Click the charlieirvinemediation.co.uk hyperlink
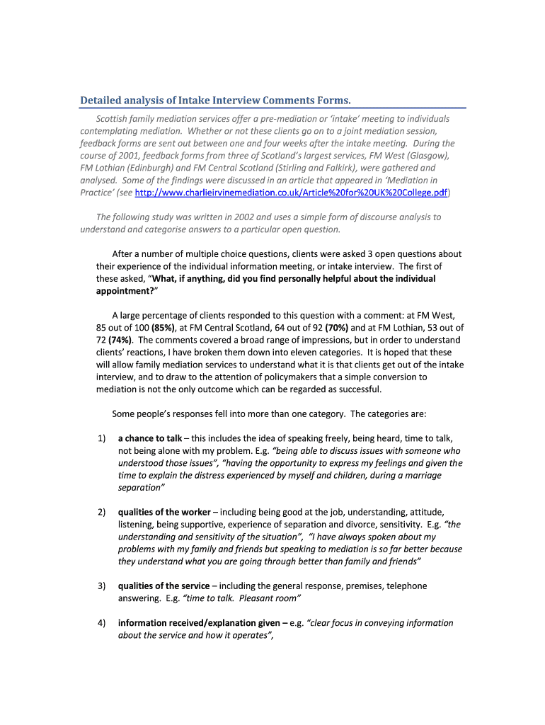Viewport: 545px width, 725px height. (x=291, y=193)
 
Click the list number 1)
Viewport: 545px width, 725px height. (x=101, y=438)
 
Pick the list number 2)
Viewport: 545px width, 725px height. (x=101, y=512)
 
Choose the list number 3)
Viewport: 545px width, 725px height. (x=101, y=586)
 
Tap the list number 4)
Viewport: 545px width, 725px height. (x=101, y=623)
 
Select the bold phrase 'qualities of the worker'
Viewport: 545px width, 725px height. (x=164, y=512)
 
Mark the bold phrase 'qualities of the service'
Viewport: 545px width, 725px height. (x=163, y=586)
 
